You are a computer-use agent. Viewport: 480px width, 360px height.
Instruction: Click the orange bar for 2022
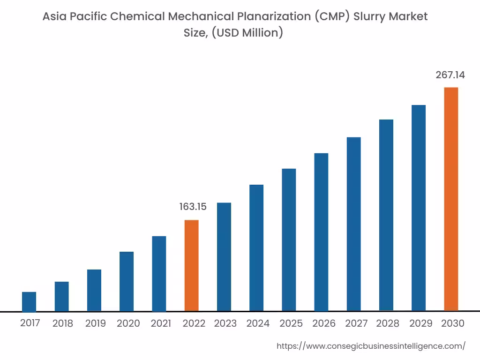tap(191, 265)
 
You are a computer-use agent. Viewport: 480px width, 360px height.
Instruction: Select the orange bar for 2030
tap(451, 199)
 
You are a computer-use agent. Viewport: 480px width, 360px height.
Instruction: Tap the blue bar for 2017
tap(29, 301)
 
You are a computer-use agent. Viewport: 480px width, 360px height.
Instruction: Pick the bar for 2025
tap(289, 240)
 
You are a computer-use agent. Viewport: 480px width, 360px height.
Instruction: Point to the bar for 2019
tap(94, 290)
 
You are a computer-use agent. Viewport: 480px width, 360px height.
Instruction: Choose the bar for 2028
tap(386, 215)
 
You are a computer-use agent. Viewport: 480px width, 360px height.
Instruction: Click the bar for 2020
tap(127, 281)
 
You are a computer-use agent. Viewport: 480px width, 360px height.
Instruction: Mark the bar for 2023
tap(224, 257)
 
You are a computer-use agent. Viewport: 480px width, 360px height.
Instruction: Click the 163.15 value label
tap(193, 207)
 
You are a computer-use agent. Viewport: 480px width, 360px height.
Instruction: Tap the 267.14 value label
tap(450, 75)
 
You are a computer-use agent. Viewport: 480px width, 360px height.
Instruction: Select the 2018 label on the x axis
tap(63, 323)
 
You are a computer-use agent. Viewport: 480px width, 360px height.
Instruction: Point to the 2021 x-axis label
tap(160, 323)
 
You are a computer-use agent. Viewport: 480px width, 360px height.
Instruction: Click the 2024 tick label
tap(258, 323)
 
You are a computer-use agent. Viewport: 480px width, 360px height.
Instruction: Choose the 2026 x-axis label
tap(324, 323)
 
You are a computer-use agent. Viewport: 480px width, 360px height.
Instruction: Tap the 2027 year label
tap(356, 323)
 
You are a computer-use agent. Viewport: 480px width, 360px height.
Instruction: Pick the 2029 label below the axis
tap(421, 323)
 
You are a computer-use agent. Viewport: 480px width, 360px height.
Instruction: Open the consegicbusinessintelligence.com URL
tap(371, 346)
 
